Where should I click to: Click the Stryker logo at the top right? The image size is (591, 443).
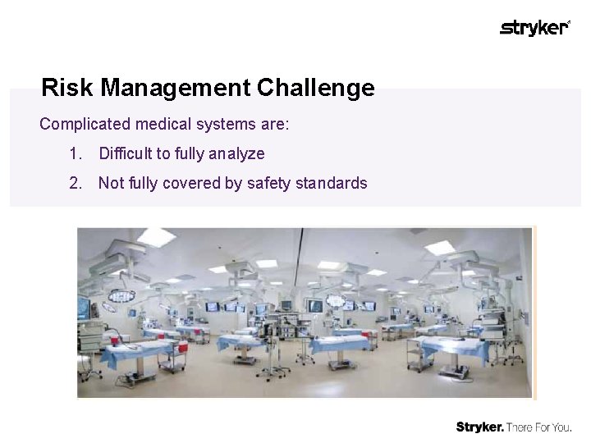[534, 28]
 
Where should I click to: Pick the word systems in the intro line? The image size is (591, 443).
[228, 125]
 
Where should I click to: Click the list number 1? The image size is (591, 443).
[76, 153]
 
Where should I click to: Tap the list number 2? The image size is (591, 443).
[76, 183]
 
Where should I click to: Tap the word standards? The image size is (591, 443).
[331, 183]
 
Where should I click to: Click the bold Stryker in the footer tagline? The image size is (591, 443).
[480, 427]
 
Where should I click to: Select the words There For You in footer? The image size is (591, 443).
[539, 427]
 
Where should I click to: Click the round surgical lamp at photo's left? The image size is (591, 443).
[122, 295]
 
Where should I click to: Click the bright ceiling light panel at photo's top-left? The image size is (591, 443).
[156, 237]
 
